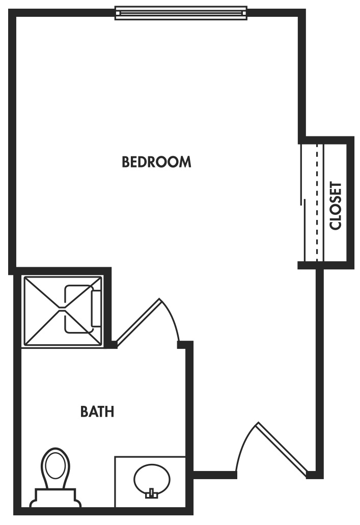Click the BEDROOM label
pos(156,162)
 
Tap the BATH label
pos(97,411)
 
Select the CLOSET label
pos(335,206)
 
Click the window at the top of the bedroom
pos(181,12)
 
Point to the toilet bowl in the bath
pos(55,466)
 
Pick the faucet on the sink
pos(151,493)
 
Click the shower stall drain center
pos(62,309)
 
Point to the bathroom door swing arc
pos(172,318)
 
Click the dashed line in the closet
pos(317,204)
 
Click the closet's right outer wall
pos(350,204)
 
